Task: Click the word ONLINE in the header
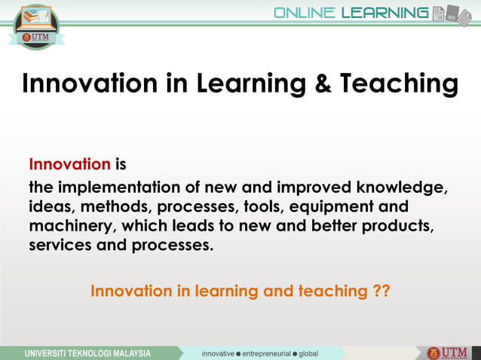click(305, 13)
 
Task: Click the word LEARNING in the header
click(384, 13)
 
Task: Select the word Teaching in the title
click(397, 84)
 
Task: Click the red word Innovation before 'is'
click(69, 164)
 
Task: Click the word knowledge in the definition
click(400, 187)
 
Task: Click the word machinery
click(71, 226)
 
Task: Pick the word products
click(396, 226)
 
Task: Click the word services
click(59, 246)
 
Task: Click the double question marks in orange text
click(381, 291)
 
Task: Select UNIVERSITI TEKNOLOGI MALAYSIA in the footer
click(87, 353)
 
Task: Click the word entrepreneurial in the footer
click(268, 353)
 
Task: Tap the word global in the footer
click(308, 353)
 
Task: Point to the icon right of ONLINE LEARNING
click(452, 14)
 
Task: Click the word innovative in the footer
click(217, 353)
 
